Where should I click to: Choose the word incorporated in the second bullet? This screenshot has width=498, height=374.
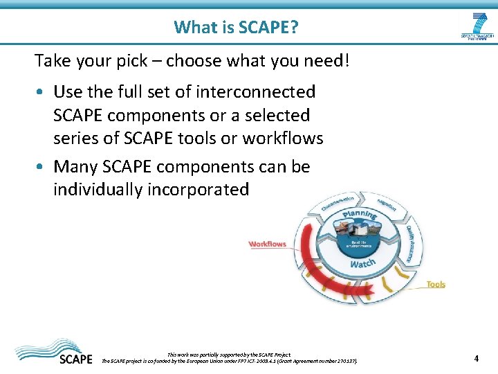(x=198, y=190)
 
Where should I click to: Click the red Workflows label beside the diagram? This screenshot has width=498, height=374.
(x=267, y=244)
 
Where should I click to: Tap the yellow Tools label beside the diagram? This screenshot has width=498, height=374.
(x=436, y=285)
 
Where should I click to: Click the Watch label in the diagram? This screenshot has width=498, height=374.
(x=362, y=264)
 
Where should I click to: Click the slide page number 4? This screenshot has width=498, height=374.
(x=477, y=358)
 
